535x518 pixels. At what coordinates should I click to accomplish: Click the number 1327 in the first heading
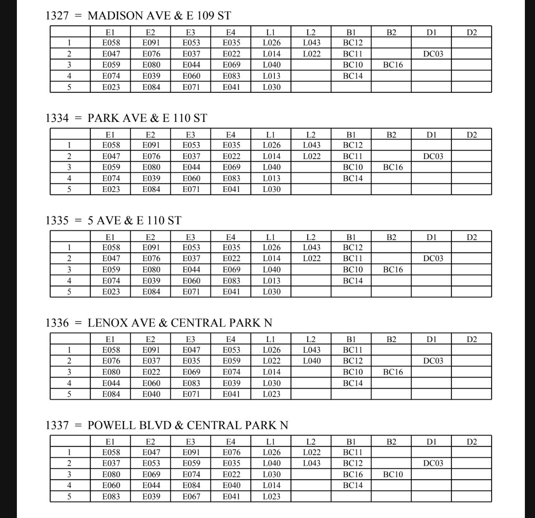57,16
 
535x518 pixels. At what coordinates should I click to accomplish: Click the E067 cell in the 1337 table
191,496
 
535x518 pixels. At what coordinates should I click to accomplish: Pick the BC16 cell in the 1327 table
392,65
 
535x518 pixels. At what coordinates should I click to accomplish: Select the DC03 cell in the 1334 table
433,156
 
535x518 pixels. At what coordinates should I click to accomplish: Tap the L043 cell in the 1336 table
311,350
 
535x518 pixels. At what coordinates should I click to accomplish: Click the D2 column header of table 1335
472,237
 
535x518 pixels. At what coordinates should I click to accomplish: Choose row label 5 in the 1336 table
70,394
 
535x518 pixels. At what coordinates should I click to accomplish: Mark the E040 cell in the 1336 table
151,394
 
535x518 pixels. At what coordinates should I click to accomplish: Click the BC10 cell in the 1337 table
392,475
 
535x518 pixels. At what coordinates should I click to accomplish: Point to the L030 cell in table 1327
271,87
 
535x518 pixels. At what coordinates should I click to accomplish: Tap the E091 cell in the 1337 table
191,453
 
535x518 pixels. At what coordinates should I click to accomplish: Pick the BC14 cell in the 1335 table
352,281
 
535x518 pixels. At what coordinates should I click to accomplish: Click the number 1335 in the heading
57,221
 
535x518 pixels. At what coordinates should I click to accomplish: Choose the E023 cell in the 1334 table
111,189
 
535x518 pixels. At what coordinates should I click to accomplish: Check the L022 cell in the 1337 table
311,453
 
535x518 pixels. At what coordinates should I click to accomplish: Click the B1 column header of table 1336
351,340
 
